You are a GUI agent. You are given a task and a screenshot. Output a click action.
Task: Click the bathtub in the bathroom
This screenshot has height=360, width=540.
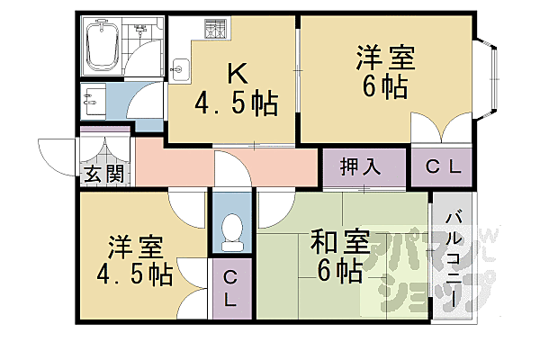[102, 47]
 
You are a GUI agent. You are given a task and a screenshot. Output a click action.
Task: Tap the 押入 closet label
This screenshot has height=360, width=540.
[361, 167]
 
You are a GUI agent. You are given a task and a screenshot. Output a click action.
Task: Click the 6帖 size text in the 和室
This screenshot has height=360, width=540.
[340, 269]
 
